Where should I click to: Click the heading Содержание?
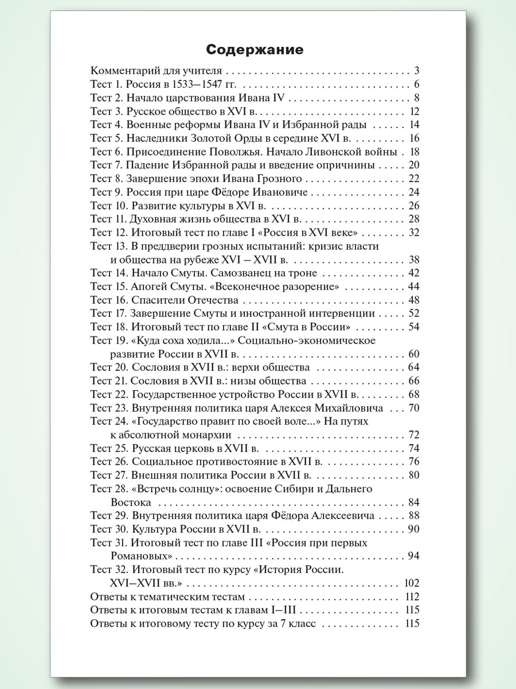click(255, 49)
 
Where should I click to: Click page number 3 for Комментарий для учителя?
click(417, 71)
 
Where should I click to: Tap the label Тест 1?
click(106, 84)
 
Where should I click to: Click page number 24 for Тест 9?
click(415, 192)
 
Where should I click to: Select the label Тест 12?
click(108, 233)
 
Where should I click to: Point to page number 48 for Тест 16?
click(415, 300)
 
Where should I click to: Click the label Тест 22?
click(109, 394)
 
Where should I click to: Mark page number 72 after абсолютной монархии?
click(415, 434)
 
